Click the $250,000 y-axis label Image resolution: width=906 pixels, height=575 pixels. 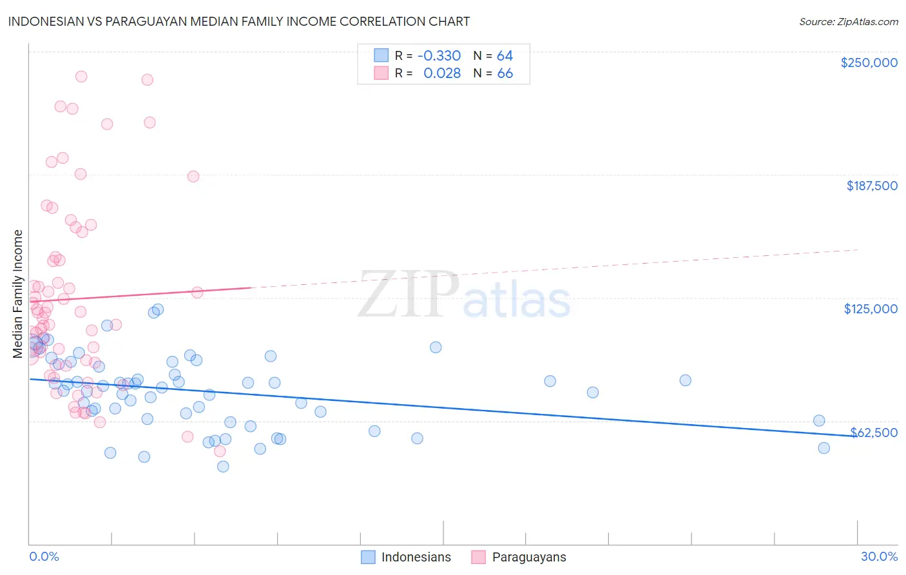(869, 63)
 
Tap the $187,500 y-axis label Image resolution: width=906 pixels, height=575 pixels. (871, 186)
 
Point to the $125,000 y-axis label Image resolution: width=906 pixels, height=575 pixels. (871, 309)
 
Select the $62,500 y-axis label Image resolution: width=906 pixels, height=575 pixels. (874, 433)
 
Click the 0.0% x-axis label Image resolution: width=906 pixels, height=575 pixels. (44, 556)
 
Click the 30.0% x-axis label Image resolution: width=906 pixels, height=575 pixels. (879, 556)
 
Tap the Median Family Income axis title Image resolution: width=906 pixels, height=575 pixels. (18, 293)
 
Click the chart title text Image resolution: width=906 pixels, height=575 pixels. (238, 21)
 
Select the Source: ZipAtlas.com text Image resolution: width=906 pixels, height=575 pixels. (848, 21)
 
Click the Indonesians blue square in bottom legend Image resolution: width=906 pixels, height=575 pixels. (368, 557)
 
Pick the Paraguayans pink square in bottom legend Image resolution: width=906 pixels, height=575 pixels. (478, 557)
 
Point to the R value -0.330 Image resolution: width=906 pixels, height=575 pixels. (439, 55)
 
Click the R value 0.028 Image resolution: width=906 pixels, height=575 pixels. (442, 73)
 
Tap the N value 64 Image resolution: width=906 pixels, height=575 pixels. (505, 55)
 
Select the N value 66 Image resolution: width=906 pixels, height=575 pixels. (505, 73)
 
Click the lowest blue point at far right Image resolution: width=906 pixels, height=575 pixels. (824, 448)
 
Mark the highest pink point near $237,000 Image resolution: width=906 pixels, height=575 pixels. (81, 76)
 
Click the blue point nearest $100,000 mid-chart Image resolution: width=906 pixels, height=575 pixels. (436, 347)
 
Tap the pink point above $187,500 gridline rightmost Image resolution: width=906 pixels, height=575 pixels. (193, 176)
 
